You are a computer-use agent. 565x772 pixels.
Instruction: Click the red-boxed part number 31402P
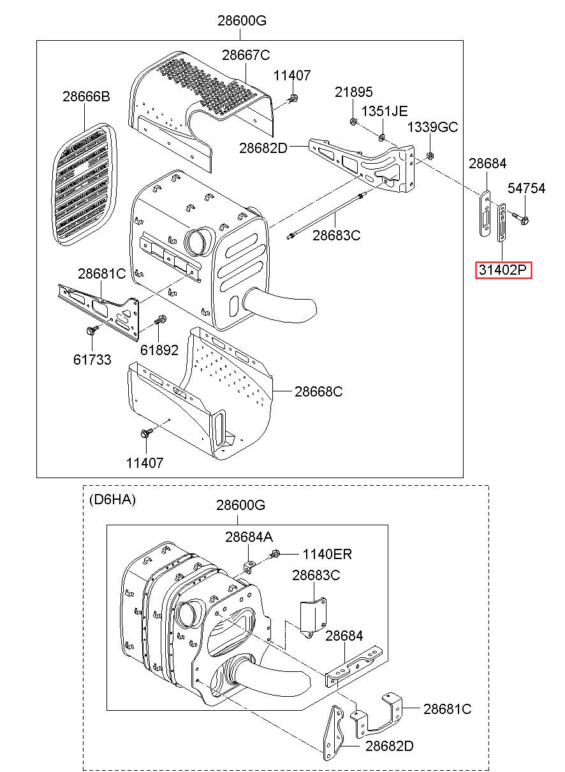[503, 270]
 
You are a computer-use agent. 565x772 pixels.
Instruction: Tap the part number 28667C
[246, 55]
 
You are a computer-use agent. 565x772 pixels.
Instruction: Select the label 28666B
[86, 97]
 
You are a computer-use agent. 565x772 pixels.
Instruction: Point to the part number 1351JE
[384, 111]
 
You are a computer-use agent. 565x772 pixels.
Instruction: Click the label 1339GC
[432, 127]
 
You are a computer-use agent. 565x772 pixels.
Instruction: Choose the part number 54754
[526, 188]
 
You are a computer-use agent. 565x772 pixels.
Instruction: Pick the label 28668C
[318, 391]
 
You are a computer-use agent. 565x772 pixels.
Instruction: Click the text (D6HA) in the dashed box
[112, 499]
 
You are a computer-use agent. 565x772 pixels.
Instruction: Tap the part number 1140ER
[327, 554]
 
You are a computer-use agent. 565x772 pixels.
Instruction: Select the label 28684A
[248, 537]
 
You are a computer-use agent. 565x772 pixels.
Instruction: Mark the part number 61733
[92, 360]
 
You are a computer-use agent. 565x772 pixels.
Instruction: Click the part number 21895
[354, 92]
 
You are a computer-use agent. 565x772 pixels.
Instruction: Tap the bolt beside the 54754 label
[524, 221]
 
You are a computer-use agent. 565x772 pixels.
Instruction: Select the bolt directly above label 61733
[89, 331]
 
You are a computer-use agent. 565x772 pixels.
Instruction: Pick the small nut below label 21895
[353, 120]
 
